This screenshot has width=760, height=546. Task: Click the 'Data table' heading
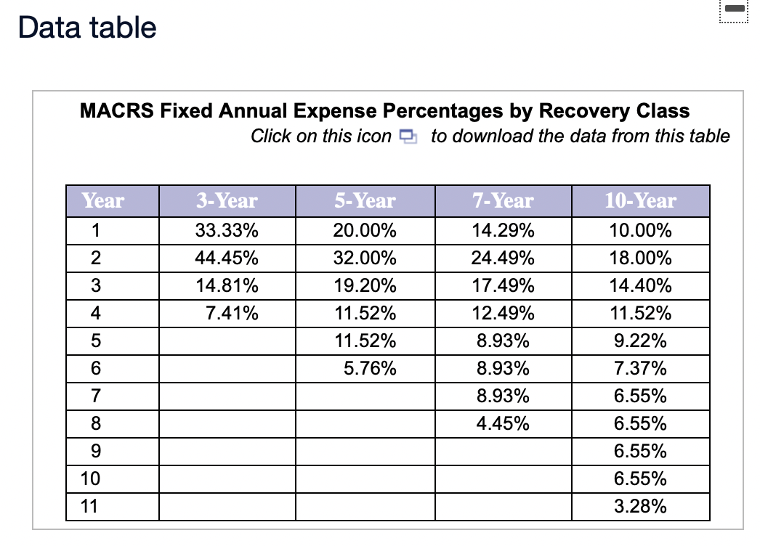87,28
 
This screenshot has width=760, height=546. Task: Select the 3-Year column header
227,200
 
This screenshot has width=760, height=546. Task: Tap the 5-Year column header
365,200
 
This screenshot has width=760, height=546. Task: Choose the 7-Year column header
503,200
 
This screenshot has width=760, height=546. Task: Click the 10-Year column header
640,200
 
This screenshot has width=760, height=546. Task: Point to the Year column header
102,200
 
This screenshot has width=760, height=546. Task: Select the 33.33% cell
227,232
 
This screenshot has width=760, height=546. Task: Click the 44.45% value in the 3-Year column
227,258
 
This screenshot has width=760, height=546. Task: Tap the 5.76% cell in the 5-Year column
370,369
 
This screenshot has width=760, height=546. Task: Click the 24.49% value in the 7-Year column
503,258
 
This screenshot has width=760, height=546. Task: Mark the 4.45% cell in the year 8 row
503,424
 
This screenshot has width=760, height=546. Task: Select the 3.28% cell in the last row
640,506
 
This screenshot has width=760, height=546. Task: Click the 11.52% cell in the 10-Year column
640,314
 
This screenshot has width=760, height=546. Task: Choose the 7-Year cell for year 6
503,369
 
